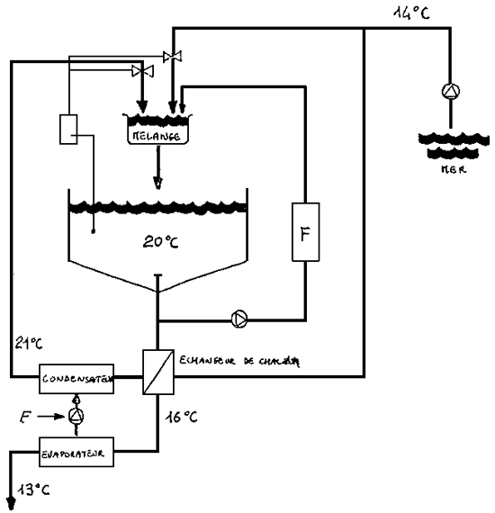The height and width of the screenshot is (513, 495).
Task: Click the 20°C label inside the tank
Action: pos(158,241)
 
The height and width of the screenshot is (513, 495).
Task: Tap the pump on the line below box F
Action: pos(240,319)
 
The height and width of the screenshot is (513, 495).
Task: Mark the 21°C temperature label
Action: pos(29,342)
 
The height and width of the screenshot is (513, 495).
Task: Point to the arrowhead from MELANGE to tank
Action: pos(158,184)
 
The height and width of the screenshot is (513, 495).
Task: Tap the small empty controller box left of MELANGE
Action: pos(69,129)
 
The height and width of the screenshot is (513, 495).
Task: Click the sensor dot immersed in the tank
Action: pos(94,231)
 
